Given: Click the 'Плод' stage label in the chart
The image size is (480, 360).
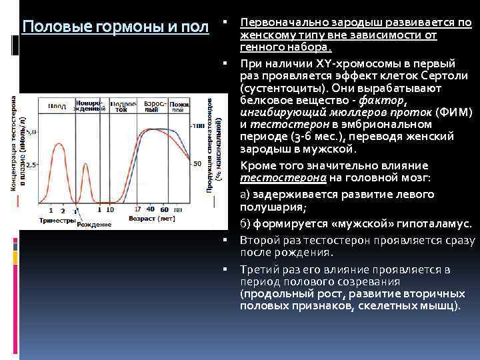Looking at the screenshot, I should click(57, 107).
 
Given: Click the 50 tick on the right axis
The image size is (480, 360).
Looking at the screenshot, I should click(197, 163).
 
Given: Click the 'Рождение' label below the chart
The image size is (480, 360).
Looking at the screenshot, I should click(93, 225).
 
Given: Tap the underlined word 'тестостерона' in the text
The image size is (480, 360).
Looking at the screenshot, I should click(269, 178).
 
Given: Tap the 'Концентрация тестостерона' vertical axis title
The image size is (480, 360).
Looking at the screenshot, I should click(15, 143).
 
